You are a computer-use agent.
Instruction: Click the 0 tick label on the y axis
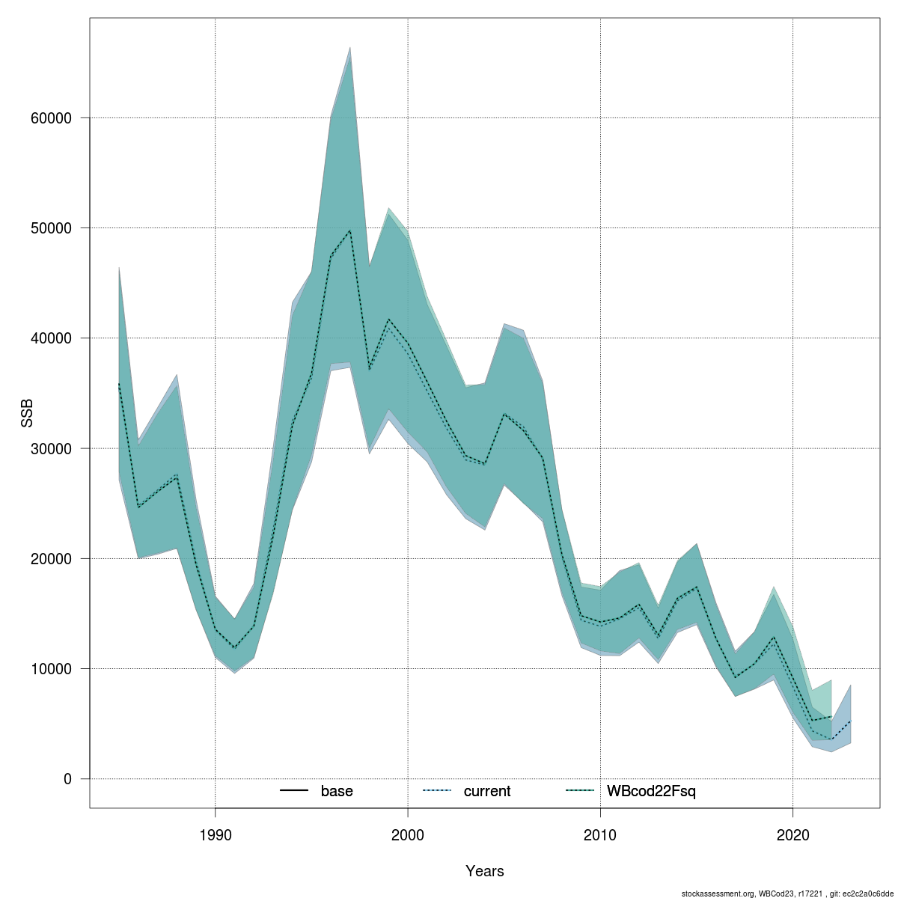67,779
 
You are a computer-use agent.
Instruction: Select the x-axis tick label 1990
216,835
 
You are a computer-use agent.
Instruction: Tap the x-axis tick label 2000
408,835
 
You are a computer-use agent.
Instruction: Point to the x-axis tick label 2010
600,835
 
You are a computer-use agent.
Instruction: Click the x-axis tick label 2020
792,835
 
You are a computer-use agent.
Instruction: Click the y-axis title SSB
27,413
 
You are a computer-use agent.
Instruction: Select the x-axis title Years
485,871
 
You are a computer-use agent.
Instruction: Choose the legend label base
337,791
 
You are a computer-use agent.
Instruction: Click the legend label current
487,791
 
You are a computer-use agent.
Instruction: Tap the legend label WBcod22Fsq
651,791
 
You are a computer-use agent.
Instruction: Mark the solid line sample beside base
294,791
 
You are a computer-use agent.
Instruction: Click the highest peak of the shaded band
350,48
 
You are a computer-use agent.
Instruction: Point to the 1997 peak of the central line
350,230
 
